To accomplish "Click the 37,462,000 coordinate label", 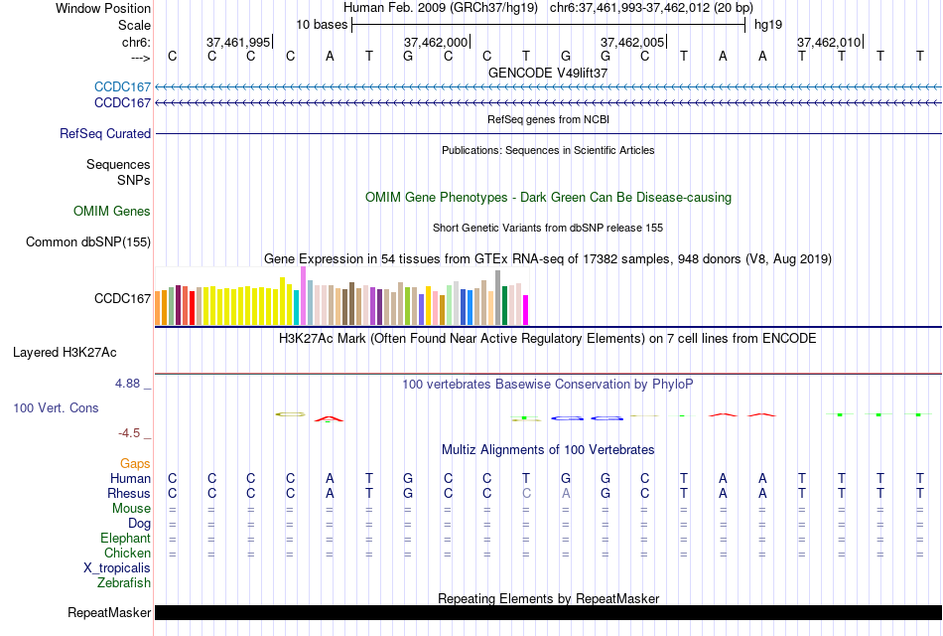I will [436, 42].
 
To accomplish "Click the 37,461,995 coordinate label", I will [238, 42].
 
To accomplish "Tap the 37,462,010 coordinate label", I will [829, 42].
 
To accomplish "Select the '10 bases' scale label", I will [322, 24].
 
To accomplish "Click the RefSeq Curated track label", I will [105, 133].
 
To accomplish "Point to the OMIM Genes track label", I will [112, 211].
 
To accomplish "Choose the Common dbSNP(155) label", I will [88, 241].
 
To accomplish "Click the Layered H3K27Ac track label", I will [65, 352].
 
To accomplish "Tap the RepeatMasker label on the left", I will [109, 612].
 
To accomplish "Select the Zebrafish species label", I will [125, 582].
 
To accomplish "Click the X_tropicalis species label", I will [117, 567].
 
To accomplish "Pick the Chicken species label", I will [127, 553].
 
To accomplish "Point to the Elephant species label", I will [124, 538].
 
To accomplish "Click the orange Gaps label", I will [135, 463].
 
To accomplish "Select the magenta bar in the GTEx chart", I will [526, 310].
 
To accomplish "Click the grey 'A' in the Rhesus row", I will [566, 493].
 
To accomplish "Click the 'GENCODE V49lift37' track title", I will [548, 73].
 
